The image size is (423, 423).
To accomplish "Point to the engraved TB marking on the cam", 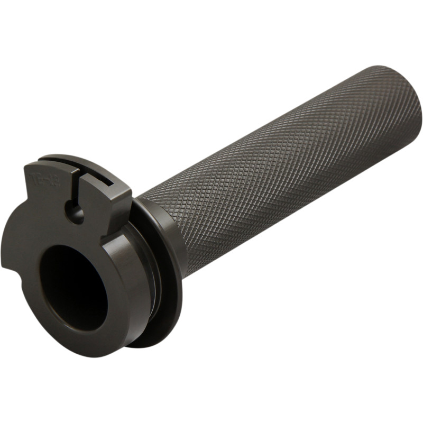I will point(40,177).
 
